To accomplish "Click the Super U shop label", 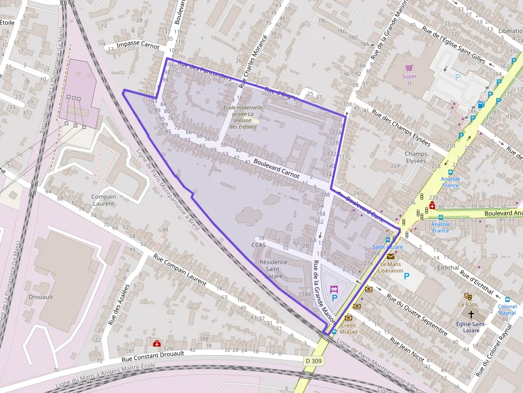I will click(x=409, y=79).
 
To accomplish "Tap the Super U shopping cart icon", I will click(x=409, y=68).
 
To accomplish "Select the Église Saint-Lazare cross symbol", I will click(x=471, y=315).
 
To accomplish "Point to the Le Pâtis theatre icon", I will click(x=469, y=295).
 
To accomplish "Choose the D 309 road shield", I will click(x=315, y=361).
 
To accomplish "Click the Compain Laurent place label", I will click(x=104, y=200).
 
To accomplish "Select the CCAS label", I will click(x=258, y=245).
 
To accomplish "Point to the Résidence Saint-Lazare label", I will click(x=273, y=269).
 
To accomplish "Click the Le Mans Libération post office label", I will click(x=391, y=267).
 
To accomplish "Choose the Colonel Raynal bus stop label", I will click(x=507, y=310).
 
